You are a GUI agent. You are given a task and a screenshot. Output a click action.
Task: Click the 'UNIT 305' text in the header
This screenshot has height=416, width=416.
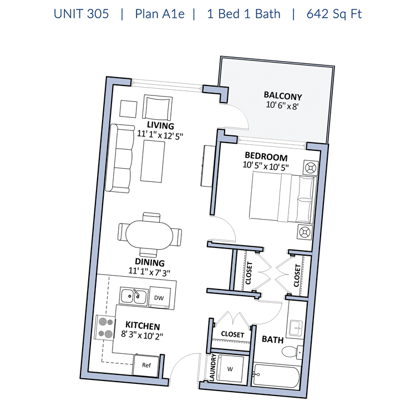pyautogui.click(x=81, y=14)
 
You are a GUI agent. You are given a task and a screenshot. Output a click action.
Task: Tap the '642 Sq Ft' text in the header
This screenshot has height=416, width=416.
pyautogui.click(x=334, y=14)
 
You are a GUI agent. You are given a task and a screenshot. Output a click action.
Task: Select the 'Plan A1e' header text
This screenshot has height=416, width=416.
pyautogui.click(x=160, y=14)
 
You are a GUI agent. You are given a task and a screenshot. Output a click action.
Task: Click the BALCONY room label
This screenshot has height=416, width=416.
pyautogui.click(x=283, y=95)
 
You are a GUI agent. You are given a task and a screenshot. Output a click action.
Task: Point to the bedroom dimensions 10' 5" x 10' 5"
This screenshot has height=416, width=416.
pyautogui.click(x=266, y=166)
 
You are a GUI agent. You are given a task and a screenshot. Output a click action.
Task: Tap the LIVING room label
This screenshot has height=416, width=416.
pyautogui.click(x=160, y=125)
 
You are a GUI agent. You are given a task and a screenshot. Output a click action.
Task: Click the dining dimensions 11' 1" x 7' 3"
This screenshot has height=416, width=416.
pyautogui.click(x=149, y=272)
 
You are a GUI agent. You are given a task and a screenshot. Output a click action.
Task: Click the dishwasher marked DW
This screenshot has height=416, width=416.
pyautogui.click(x=159, y=297)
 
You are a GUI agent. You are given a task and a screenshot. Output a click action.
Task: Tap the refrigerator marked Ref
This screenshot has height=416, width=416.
pyautogui.click(x=146, y=366)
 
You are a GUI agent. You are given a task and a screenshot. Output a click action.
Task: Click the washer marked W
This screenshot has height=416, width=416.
pyautogui.click(x=230, y=369)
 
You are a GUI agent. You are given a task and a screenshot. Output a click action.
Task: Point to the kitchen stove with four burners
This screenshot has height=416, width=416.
pyautogui.click(x=105, y=327)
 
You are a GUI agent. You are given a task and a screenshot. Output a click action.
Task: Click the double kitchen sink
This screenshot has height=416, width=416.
pyautogui.click(x=134, y=296)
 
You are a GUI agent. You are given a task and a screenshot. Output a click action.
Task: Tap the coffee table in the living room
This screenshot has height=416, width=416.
pyautogui.click(x=153, y=161)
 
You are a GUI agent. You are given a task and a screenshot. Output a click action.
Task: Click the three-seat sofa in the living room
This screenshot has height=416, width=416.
pyautogui.click(x=119, y=158)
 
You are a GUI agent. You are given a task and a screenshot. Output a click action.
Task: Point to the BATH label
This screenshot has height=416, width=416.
pyautogui.click(x=272, y=339)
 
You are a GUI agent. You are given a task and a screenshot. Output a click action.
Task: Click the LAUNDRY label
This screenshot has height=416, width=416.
pyautogui.click(x=212, y=367)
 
